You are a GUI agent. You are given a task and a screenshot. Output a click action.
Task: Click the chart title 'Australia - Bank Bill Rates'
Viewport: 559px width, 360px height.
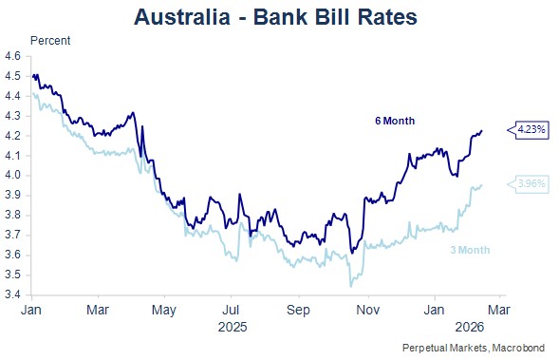275,17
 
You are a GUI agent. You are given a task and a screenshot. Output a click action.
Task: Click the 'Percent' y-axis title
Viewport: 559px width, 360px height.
50,41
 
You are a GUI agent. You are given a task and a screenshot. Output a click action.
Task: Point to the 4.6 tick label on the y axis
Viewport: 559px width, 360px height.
12,56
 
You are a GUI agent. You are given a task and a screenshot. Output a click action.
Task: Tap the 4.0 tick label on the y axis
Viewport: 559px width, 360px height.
12,176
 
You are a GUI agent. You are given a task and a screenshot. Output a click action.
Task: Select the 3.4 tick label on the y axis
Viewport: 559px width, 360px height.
12,295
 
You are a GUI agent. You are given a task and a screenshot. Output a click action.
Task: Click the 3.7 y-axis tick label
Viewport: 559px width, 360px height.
12,236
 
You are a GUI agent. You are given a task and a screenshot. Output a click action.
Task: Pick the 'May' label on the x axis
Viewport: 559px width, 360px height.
164,311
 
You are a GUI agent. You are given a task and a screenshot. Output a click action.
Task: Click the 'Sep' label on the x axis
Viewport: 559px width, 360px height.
298,310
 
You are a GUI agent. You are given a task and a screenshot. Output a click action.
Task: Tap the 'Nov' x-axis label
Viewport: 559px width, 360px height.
368,310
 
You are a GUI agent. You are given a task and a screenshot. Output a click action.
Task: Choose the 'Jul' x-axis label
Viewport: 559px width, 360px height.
231,310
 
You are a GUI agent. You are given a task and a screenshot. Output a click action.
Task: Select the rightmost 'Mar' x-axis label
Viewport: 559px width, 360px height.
499,310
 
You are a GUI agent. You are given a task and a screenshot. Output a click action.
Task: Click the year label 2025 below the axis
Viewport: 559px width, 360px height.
233,327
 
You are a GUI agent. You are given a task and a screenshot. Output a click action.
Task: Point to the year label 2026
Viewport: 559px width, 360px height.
470,327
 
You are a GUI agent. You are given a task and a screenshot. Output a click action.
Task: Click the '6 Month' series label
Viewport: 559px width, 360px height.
395,121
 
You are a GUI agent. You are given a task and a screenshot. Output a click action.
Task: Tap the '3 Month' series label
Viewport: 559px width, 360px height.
470,250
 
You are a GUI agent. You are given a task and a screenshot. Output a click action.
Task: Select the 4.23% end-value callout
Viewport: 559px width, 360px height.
528,130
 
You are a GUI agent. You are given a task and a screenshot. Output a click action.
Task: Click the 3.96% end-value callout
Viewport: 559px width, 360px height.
528,184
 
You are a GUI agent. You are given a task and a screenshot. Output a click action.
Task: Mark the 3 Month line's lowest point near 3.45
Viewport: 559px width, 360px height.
351,286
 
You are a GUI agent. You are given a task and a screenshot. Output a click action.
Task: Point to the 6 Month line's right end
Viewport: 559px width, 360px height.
482,130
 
